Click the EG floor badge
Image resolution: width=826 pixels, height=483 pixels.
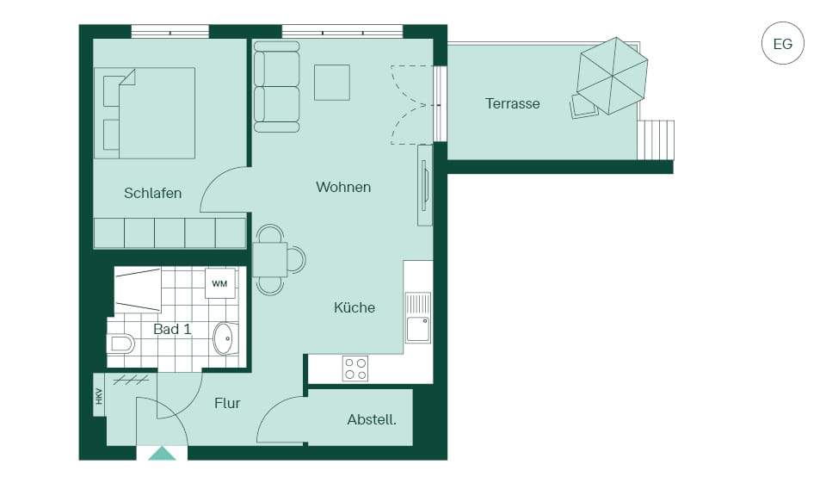pos(783,43)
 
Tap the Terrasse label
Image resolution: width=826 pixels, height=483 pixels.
pos(513,103)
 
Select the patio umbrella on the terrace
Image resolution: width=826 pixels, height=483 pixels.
pos(612,76)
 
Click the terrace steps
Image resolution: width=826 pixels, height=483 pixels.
pos(656,139)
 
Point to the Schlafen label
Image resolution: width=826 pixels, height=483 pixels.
pos(153,193)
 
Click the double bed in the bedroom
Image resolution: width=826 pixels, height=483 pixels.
pos(145,113)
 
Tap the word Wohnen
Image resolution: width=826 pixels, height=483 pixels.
pos(343,187)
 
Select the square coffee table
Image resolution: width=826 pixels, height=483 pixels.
pos(332,83)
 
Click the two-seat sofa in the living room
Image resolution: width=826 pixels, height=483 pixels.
pos(276,86)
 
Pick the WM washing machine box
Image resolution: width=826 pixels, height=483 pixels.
pos(219,283)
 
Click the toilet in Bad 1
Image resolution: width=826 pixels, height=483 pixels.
pos(120,344)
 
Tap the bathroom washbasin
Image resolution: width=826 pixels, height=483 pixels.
pos(225,338)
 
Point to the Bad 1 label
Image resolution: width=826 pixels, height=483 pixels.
pos(172,329)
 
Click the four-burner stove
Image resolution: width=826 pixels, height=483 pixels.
pos(355,368)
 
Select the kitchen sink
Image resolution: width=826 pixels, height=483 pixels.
pos(418,318)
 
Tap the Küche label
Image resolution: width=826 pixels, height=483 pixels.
pos(354,307)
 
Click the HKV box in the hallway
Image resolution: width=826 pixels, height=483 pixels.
pos(99,395)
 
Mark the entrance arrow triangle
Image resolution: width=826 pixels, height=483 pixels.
pos(162,454)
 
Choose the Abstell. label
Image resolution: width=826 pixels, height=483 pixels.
pos(372,420)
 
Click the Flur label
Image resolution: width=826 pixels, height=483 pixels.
pos(227,404)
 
